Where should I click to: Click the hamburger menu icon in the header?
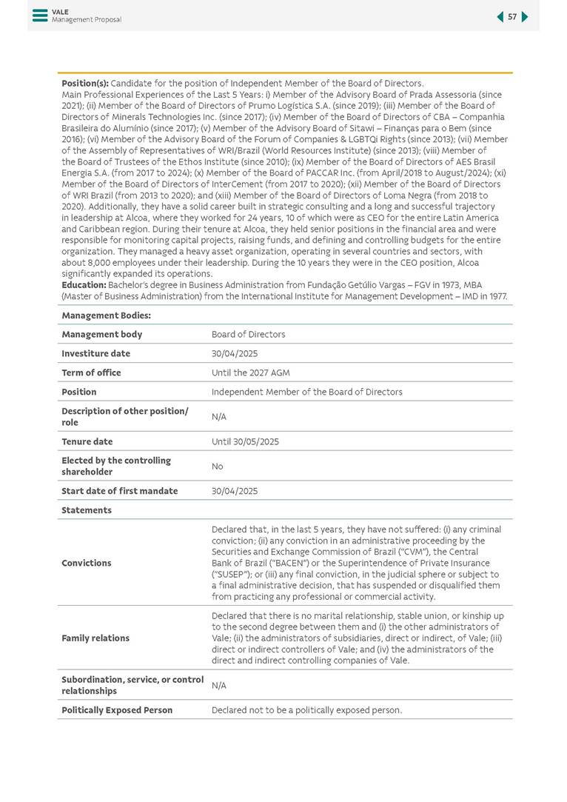40,15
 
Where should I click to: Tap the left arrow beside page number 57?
500,17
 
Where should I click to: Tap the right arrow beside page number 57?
525,17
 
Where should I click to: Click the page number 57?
512,17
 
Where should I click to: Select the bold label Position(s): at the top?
85,84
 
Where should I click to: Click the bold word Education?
84,285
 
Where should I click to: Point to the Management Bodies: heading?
95,315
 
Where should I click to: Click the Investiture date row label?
95,353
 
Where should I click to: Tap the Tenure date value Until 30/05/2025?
245,441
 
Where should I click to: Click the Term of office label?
91,372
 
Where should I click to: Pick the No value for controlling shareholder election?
217,467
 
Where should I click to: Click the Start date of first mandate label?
119,491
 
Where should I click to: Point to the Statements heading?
87,510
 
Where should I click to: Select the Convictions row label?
87,563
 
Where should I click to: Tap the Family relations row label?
95,638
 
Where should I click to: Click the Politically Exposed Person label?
117,710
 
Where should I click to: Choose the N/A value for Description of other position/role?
218,417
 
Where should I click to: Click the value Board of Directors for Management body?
248,334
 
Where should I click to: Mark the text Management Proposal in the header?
87,20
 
